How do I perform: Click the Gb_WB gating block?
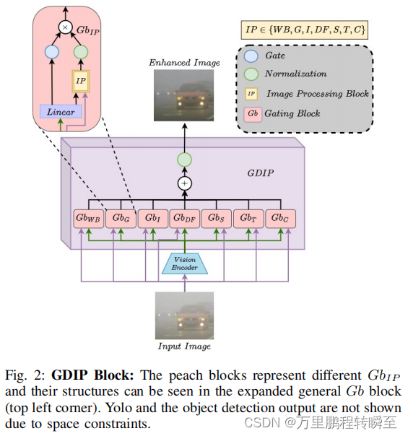pos(88,218)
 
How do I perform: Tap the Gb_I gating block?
pos(152,218)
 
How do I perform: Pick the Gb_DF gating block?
pos(184,218)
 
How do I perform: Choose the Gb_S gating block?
pos(216,218)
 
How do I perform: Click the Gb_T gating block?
pos(248,218)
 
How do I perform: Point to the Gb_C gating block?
pos(279,218)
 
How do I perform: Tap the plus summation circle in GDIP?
pos(184,183)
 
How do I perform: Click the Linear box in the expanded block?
pos(61,112)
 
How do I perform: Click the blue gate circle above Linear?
pos(51,53)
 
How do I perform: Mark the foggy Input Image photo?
pos(184,315)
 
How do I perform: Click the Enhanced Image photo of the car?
pos(184,95)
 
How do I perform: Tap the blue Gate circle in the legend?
pos(251,55)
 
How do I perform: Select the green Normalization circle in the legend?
pos(251,74)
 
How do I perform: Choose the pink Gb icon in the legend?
pos(251,113)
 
